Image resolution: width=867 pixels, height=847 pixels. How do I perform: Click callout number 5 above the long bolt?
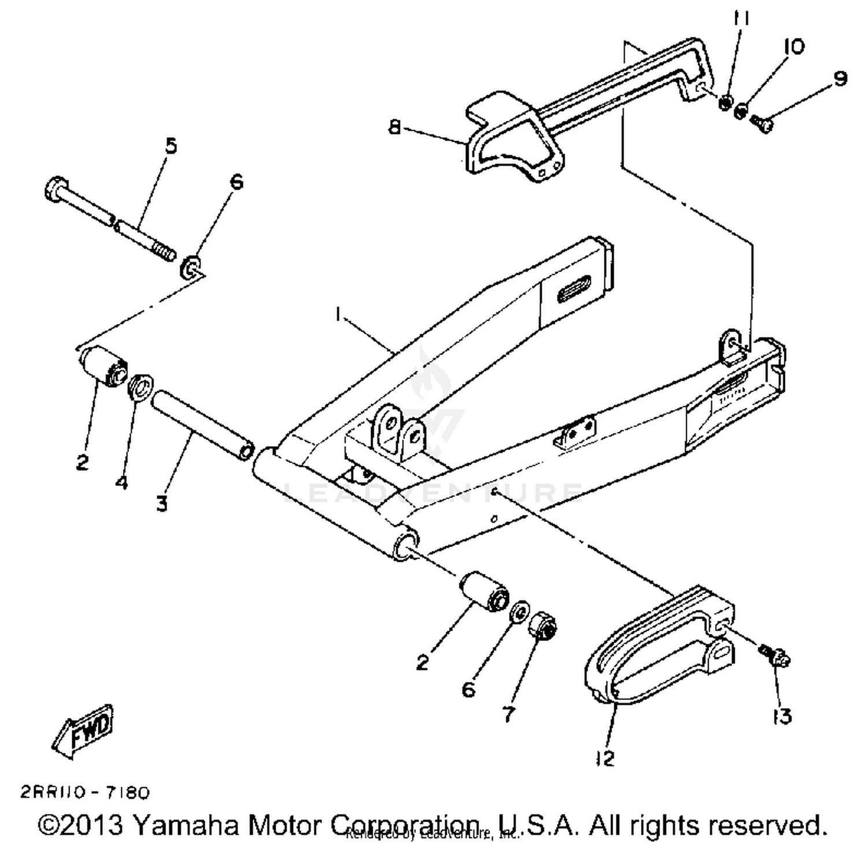[171, 146]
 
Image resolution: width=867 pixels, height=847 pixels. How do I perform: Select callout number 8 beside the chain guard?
[394, 126]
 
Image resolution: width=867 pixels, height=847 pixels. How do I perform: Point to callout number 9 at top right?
[840, 78]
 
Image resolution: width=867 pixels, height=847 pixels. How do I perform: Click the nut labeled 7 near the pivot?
[543, 625]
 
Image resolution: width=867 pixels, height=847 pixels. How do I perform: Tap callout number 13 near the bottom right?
[782, 717]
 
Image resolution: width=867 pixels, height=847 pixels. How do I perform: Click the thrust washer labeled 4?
[140, 387]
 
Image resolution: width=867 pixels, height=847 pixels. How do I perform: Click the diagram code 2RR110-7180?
[85, 792]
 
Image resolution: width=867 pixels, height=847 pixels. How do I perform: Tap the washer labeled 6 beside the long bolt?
[192, 268]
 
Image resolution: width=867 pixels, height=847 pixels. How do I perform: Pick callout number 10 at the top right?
[794, 46]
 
